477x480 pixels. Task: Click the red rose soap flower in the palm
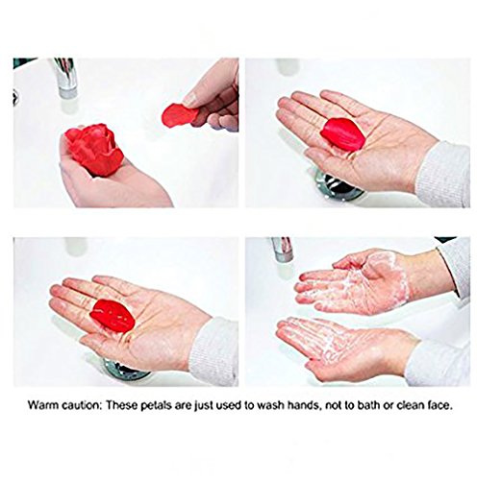pyautogui.click(x=95, y=150)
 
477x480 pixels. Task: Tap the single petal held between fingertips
pyautogui.click(x=181, y=115)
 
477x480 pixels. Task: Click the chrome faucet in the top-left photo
pyautogui.click(x=66, y=78)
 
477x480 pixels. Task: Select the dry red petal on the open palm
pyautogui.click(x=342, y=134)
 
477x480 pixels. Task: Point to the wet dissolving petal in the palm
pyautogui.click(x=112, y=315)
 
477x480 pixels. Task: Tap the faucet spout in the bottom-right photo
pyautogui.click(x=283, y=249)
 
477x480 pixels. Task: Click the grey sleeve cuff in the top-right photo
pyautogui.click(x=443, y=174)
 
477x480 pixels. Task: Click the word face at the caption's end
pyautogui.click(x=439, y=405)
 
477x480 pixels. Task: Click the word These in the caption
pyautogui.click(x=122, y=405)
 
